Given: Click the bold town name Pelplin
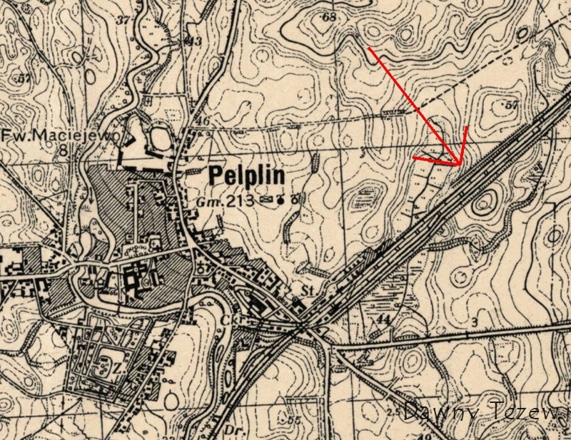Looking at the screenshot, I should (246, 176).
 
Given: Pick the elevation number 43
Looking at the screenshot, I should (193, 41).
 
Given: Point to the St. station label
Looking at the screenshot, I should (309, 291).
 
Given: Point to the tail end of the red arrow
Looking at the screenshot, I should (368, 48).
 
